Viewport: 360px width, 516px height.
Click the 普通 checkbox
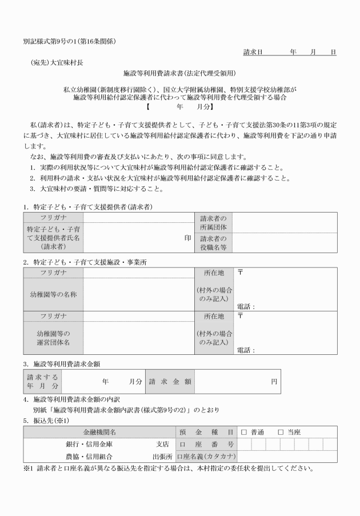coord(244,432)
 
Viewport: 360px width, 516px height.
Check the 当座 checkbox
coord(281,432)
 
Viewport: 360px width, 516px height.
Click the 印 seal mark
coord(187,238)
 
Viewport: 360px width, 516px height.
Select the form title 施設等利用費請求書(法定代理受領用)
coord(179,74)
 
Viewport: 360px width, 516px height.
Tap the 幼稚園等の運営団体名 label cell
coord(53,338)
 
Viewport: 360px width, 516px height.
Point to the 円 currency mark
coord(274,381)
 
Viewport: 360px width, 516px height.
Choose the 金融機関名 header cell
coord(99,432)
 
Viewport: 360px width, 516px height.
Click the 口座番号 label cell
coord(206,444)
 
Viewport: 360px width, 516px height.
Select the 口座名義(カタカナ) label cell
coord(206,457)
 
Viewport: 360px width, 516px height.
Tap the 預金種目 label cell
coord(206,432)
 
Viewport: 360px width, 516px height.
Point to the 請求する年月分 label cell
coord(42,381)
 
